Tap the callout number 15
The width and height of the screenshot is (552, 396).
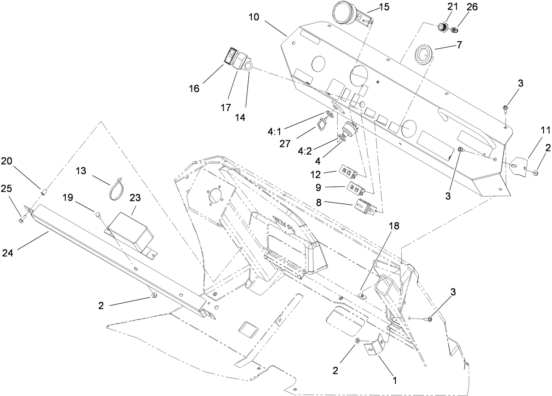coord(384,7)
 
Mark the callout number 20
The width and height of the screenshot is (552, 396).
coord(6,161)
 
